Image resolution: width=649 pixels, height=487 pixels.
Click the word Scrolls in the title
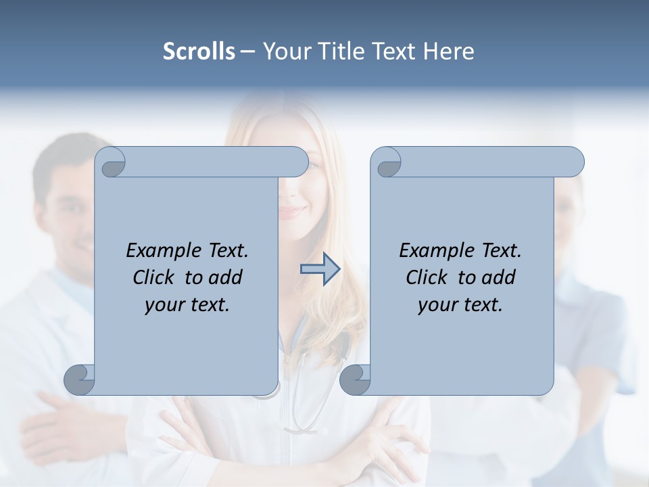(199, 51)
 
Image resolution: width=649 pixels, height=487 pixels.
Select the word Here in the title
(449, 51)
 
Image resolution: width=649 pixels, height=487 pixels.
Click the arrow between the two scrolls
(320, 269)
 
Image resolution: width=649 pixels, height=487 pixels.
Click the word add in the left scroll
(225, 277)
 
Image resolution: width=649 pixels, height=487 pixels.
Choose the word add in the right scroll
(498, 277)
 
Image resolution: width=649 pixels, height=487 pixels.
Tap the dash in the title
(248, 52)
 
